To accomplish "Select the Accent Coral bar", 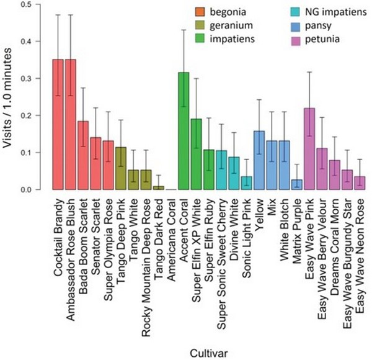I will point(184,131).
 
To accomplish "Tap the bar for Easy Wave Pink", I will point(309,149).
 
